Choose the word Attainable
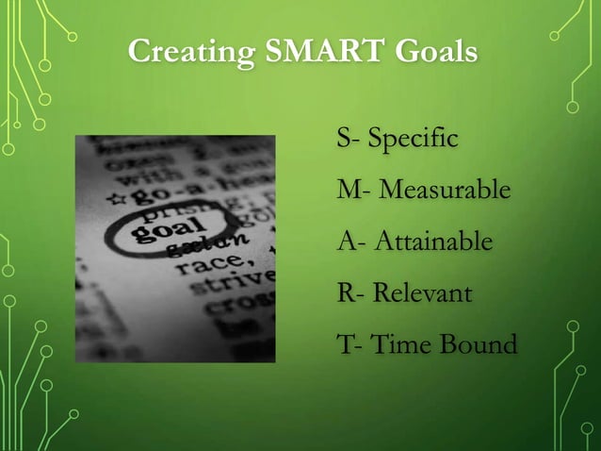point(433,242)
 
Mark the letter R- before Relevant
point(349,292)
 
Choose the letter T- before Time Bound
point(348,343)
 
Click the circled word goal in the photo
point(171,227)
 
